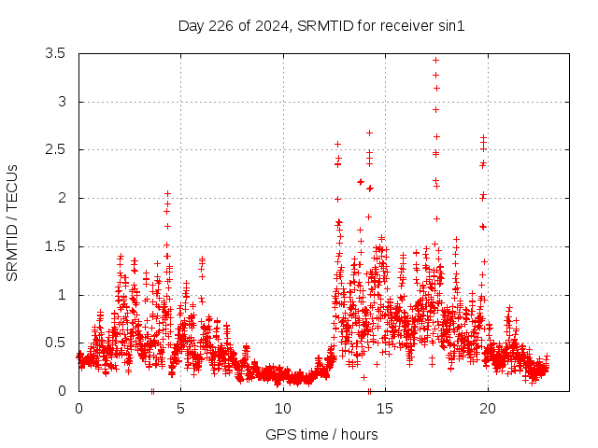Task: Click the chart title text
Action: click(321, 25)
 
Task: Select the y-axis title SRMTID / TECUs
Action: click(13, 222)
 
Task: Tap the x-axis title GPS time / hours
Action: click(321, 434)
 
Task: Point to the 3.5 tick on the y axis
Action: click(55, 53)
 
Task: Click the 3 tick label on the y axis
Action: click(62, 102)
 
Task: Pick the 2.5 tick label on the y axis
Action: click(55, 149)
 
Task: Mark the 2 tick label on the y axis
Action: click(62, 198)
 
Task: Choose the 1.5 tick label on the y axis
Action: click(55, 246)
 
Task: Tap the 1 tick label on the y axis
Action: click(62, 295)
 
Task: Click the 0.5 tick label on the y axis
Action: click(55, 343)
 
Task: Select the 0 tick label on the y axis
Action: click(62, 391)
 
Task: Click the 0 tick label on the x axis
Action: click(78, 408)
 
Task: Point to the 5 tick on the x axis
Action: click(180, 408)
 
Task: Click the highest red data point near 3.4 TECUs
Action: click(435, 60)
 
